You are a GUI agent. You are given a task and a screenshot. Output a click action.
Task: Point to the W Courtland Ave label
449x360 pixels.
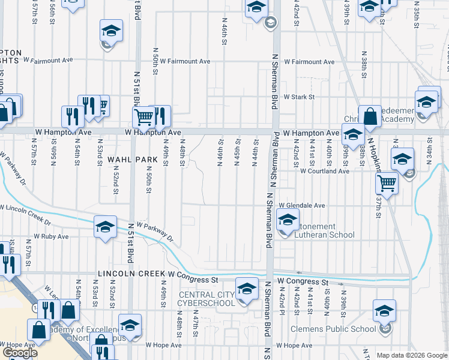[325, 171]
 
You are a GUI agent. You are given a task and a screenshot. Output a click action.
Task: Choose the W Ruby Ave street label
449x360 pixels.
[51, 237]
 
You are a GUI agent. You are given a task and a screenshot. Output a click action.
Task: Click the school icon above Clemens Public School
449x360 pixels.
[385, 311]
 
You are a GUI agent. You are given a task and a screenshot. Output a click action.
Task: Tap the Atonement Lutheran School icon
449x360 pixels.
[288, 220]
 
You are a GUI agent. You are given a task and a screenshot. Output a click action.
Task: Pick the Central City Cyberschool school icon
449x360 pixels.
[246, 290]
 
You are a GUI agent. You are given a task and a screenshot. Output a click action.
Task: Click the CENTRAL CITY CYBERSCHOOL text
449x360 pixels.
[206, 299]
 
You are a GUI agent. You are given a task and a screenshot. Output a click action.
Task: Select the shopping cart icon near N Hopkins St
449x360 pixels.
[388, 183]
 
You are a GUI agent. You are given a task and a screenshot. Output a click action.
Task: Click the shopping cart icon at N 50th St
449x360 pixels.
[143, 117]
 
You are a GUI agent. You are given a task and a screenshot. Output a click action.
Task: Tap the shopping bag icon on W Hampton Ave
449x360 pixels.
[370, 116]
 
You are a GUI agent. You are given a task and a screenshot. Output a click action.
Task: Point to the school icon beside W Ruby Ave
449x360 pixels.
[105, 227]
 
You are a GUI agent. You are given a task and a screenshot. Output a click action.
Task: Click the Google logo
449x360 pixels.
[20, 353]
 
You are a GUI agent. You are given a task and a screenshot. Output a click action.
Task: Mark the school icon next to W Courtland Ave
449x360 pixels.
[402, 159]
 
